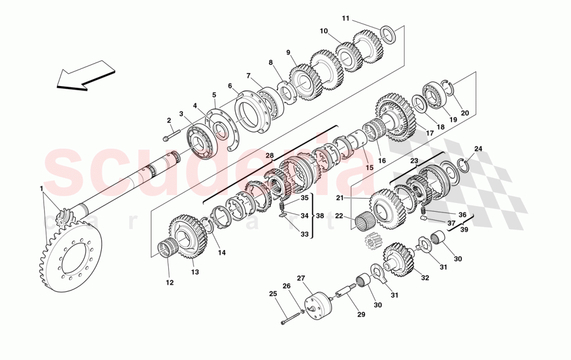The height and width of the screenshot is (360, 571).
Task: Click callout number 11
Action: coord(346,19)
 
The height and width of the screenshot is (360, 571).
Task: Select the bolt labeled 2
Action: coord(170,136)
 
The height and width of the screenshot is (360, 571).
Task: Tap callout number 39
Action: coord(463,230)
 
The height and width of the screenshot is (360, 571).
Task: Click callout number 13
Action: coord(195,272)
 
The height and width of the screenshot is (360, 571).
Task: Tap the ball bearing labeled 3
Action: coord(199,139)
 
